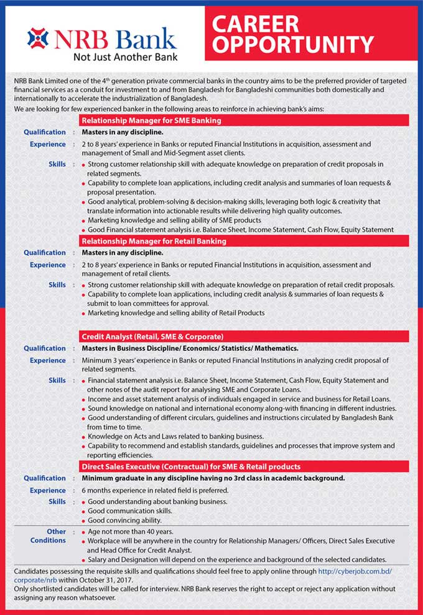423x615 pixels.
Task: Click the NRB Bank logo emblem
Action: (38, 38)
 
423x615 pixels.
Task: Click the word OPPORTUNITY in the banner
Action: (293, 45)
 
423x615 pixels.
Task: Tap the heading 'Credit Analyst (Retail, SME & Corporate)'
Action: (152, 337)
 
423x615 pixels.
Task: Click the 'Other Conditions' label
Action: (49, 536)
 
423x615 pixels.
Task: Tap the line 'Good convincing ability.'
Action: (124, 520)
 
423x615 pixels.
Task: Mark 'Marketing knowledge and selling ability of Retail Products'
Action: (176, 312)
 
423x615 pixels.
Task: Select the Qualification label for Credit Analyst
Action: (45, 348)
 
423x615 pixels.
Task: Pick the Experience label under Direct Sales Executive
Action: (48, 490)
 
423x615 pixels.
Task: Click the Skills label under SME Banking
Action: (57, 164)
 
